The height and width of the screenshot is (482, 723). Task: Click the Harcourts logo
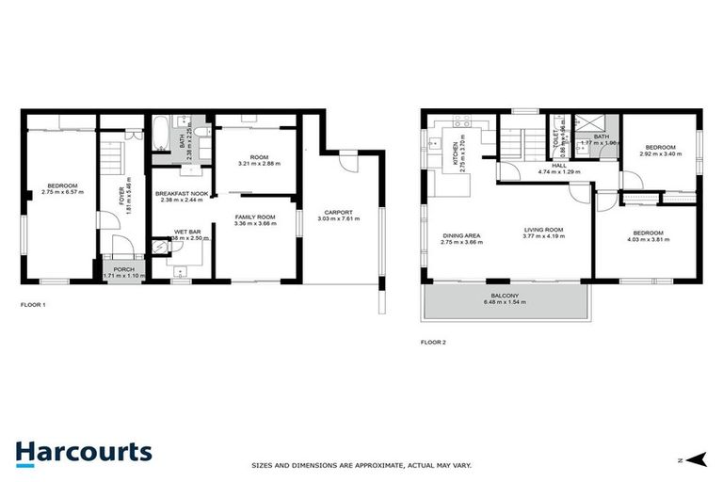(83, 452)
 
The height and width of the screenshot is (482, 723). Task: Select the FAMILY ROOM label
(255, 217)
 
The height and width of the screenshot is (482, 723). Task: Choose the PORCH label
(124, 268)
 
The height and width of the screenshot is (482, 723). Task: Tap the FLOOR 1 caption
(33, 305)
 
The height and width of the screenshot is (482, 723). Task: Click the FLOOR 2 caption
(433, 342)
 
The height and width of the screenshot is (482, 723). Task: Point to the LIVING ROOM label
(543, 230)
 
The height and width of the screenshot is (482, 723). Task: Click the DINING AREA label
(461, 235)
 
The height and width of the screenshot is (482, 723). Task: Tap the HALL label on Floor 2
(559, 165)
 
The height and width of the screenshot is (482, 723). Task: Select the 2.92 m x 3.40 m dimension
(659, 153)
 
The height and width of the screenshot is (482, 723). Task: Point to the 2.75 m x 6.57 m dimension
(62, 192)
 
